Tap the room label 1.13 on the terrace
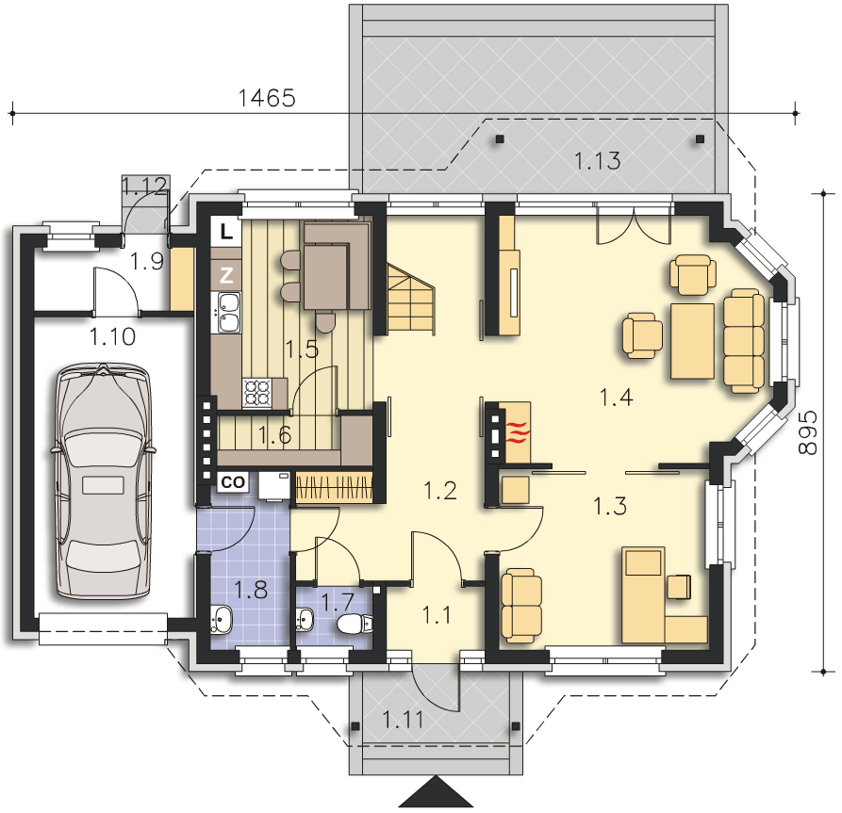click(x=597, y=160)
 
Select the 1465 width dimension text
click(x=266, y=98)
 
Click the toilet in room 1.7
click(x=355, y=624)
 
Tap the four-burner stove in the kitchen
click(x=257, y=392)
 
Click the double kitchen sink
click(x=229, y=313)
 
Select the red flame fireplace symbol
click(x=518, y=432)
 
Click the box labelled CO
click(x=233, y=482)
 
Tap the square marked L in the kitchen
click(x=226, y=232)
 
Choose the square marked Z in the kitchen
click(x=226, y=275)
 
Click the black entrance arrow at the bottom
click(x=435, y=791)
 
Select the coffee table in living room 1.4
click(x=692, y=341)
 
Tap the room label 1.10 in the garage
click(x=112, y=337)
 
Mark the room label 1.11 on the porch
click(x=403, y=720)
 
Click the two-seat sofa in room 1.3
click(x=520, y=606)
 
